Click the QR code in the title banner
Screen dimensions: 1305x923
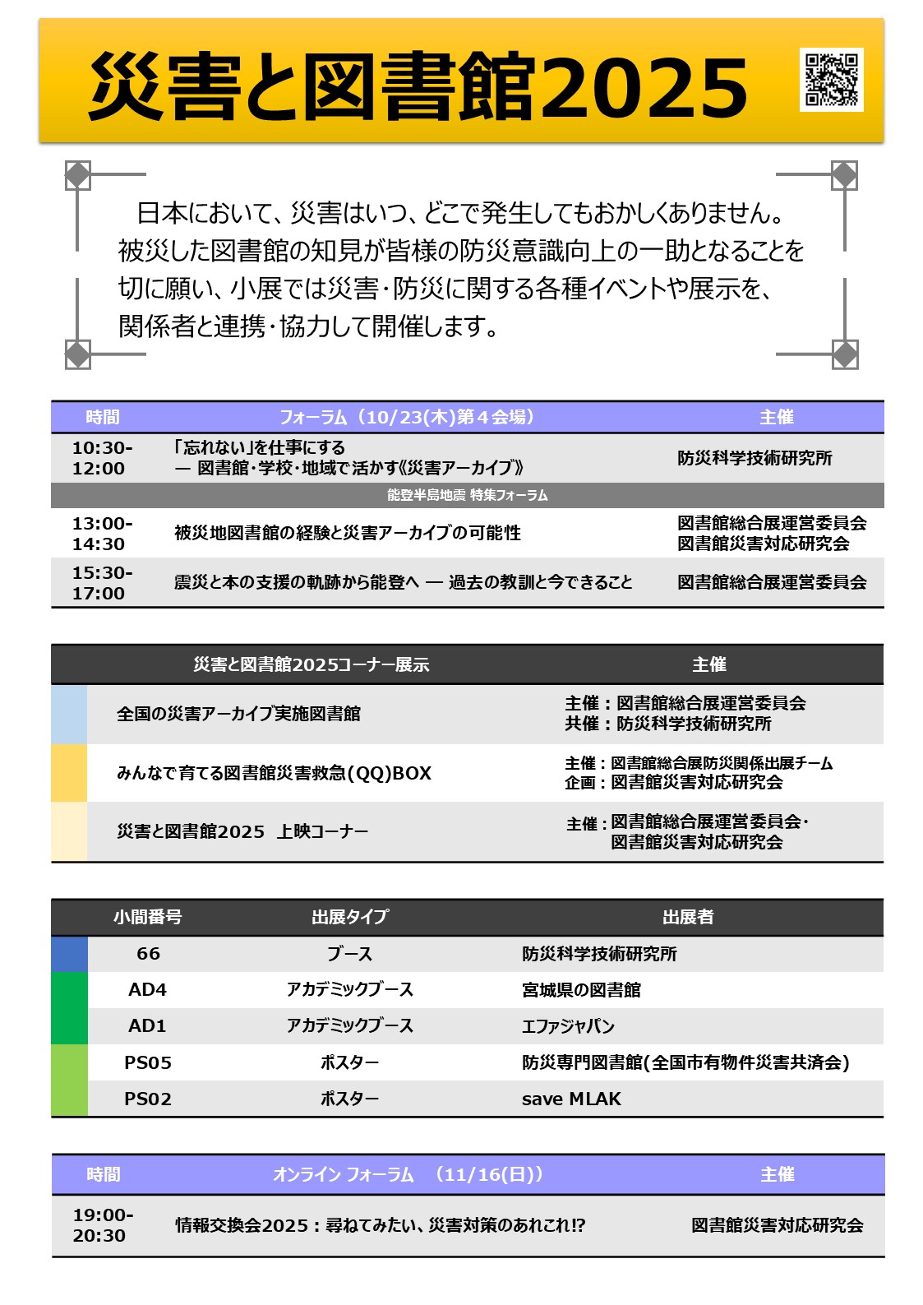pyautogui.click(x=831, y=80)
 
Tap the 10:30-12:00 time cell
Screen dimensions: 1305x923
pyautogui.click(x=102, y=458)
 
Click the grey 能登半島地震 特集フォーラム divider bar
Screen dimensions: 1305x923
pyautogui.click(x=467, y=495)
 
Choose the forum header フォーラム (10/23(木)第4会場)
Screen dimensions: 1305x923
pyautogui.click(x=408, y=418)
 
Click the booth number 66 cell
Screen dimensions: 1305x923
pyautogui.click(x=148, y=954)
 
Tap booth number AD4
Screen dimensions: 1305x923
pyautogui.click(x=148, y=990)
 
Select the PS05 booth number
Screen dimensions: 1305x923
pyautogui.click(x=148, y=1063)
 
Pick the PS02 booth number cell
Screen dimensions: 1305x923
pyautogui.click(x=148, y=1099)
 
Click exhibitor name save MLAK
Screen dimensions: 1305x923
pyautogui.click(x=571, y=1099)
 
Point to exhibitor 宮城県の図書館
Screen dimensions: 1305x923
pyautogui.click(x=581, y=990)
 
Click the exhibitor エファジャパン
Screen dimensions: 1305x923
pyautogui.click(x=568, y=1026)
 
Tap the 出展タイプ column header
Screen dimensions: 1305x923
pyautogui.click(x=350, y=917)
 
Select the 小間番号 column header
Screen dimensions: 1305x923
pyautogui.click(x=148, y=917)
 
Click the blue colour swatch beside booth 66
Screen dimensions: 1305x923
pyautogui.click(x=69, y=954)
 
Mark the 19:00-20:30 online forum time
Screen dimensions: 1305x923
pyautogui.click(x=103, y=1225)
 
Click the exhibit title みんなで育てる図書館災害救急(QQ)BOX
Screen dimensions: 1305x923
pyautogui.click(x=274, y=774)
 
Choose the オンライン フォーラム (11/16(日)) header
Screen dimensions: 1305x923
pyautogui.click(x=408, y=1174)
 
